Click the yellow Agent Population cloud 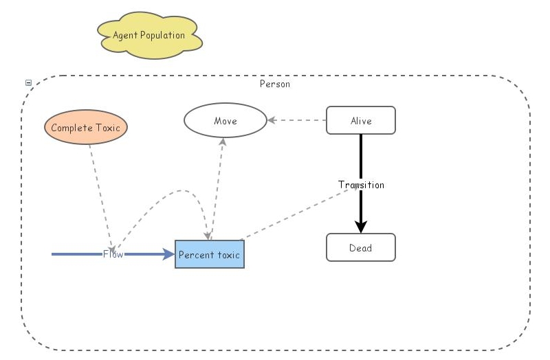[x=150, y=35]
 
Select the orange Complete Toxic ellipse [x=86, y=128]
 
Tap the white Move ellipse [x=225, y=121]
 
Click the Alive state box [x=360, y=121]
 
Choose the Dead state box [x=360, y=248]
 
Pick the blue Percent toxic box [x=209, y=255]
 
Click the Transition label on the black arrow [x=361, y=185]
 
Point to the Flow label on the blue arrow [x=113, y=254]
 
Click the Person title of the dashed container [x=274, y=84]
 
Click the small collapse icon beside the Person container [x=28, y=83]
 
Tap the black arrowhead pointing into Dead [x=361, y=227]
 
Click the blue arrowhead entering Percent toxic [x=169, y=254]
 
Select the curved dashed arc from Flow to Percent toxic [x=172, y=193]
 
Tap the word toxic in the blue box [x=228, y=255]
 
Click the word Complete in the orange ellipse [x=71, y=128]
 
